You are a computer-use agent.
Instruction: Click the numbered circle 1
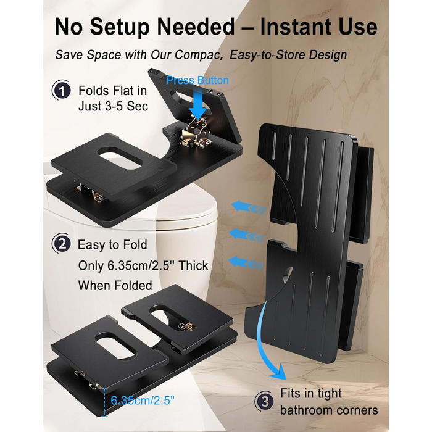tap(62, 90)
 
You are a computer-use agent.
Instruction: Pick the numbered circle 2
tap(62, 244)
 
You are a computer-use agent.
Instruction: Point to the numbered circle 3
tap(264, 401)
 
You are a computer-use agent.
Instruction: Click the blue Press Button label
tap(197, 80)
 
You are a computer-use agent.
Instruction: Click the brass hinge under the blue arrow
tap(196, 132)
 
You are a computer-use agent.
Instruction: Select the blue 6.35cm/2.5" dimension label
tap(143, 400)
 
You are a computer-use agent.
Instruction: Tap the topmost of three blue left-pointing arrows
tap(249, 207)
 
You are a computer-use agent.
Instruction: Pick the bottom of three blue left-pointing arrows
tap(247, 263)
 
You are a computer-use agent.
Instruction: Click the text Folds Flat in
tap(113, 91)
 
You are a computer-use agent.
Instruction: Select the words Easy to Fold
tap(112, 244)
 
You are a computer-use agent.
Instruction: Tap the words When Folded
tap(115, 285)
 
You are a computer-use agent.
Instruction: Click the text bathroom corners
tap(329, 410)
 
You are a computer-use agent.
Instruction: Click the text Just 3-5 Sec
tap(113, 106)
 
